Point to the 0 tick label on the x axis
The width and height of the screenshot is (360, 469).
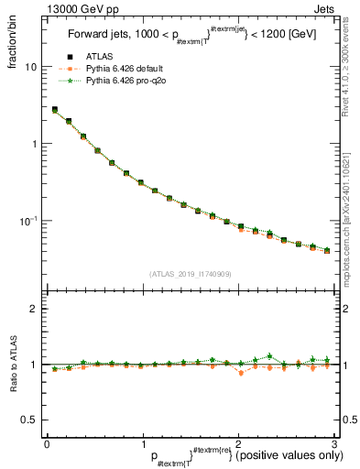(47, 444)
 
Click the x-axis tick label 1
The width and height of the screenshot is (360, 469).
(143, 444)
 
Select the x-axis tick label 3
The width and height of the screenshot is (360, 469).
(334, 444)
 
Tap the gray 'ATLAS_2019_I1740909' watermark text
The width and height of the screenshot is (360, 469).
(190, 273)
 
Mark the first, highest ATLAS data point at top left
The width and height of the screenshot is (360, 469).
(54, 110)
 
